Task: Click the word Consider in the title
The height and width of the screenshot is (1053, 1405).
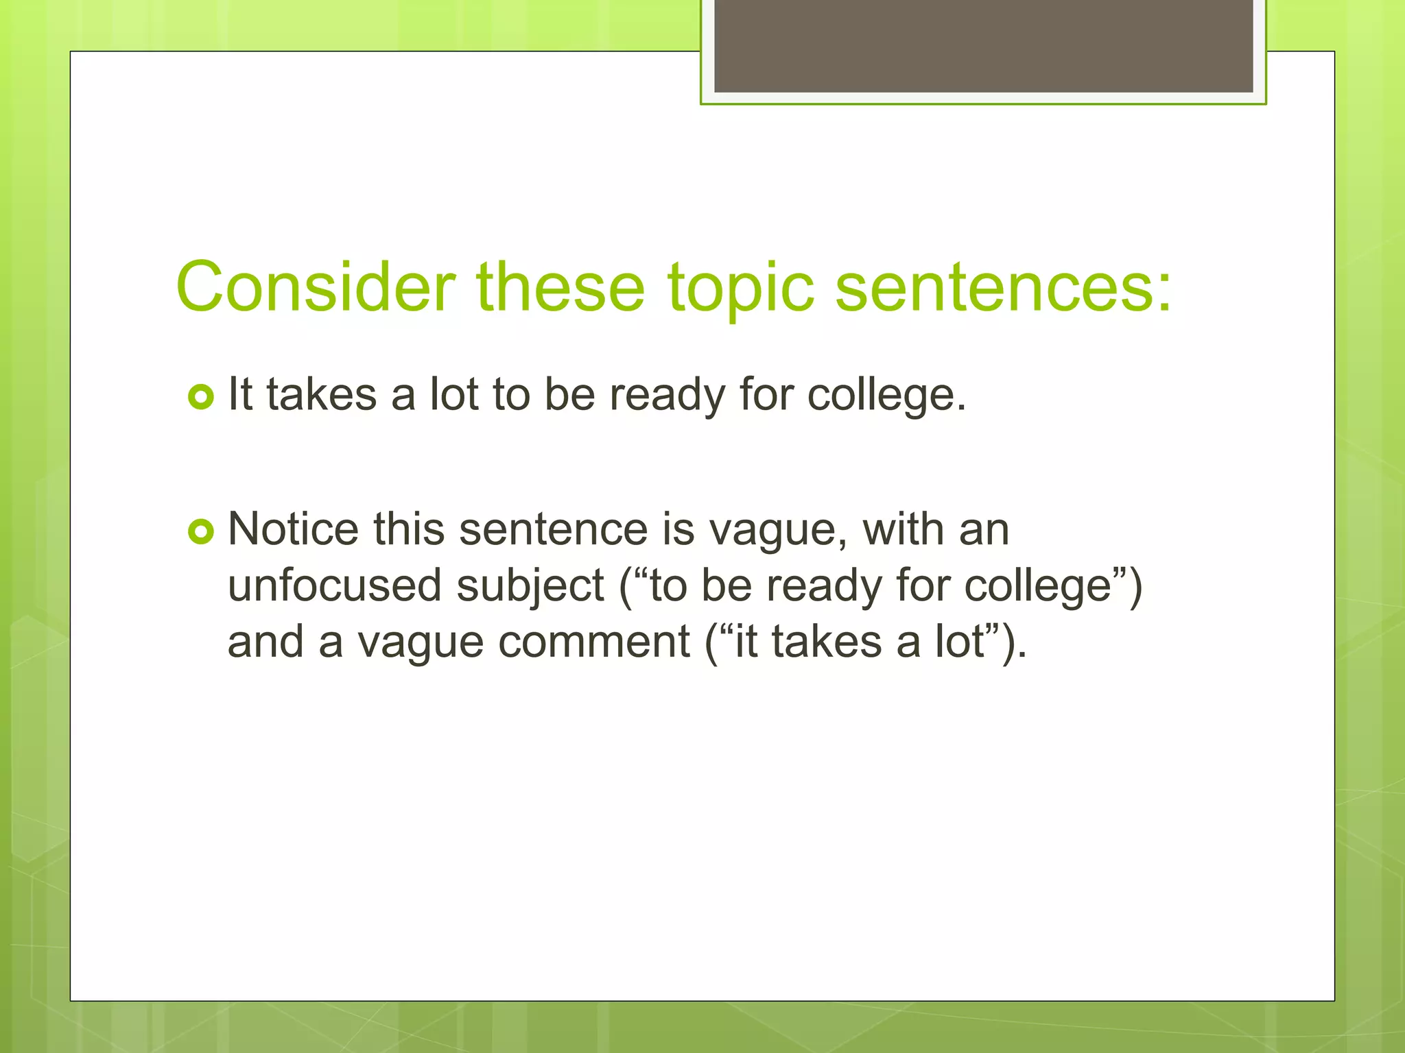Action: (x=316, y=287)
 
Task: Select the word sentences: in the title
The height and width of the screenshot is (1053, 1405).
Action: (x=1003, y=287)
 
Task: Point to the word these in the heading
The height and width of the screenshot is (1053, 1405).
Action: (x=560, y=287)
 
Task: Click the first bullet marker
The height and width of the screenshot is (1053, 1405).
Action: (x=201, y=397)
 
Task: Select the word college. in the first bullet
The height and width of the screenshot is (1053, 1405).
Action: (x=886, y=396)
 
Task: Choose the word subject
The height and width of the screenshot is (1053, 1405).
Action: (x=530, y=587)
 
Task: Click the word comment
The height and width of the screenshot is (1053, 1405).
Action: (x=594, y=642)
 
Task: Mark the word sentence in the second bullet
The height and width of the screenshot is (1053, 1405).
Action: (x=553, y=529)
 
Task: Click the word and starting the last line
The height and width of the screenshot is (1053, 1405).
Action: (x=265, y=642)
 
